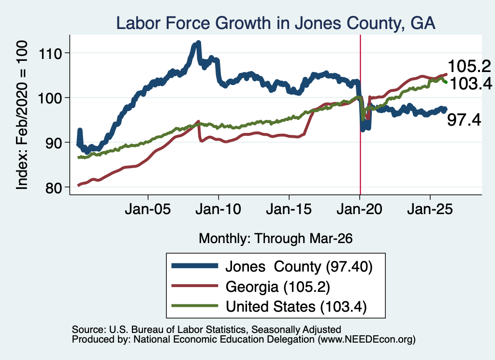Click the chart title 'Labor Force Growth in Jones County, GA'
pos(276,23)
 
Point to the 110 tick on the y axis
pos(50,53)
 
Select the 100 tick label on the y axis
pos(50,98)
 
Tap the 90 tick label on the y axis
pos(54,143)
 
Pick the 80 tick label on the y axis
pos(54,187)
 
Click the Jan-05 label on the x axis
pos(148,209)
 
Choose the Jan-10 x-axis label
pos(218,209)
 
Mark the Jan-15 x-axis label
pos(289,209)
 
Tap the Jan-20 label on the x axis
pos(359,209)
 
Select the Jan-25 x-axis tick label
pos(430,209)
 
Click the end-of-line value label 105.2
pos(469,66)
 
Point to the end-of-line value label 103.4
pos(471,84)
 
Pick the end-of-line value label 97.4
pos(464,120)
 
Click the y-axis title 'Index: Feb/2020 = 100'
pos(22,115)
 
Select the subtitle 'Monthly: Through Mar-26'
pos(276,238)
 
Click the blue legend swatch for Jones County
pos(195,266)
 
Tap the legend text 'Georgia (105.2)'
pos(278,287)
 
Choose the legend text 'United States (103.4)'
pos(296,306)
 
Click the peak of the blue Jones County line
pos(198,42)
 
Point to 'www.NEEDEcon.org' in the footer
pos(366,339)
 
